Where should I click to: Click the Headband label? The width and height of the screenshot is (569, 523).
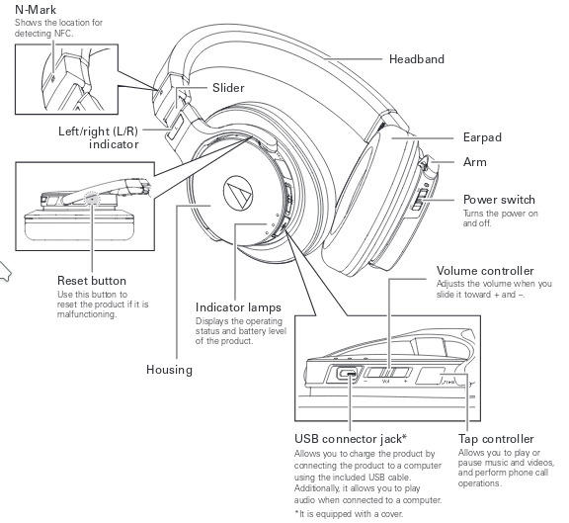[x=416, y=59]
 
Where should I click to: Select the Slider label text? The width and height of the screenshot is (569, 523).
[x=228, y=88]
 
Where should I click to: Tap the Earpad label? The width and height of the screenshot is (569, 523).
[x=482, y=137]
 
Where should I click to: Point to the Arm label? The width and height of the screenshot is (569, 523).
[x=474, y=162]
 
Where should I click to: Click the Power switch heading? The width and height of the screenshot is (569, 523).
[x=499, y=200]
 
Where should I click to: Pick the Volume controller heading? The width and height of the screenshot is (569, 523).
[x=485, y=271]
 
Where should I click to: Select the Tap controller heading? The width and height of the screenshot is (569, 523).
[x=496, y=439]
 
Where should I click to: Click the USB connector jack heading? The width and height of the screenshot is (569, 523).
[x=350, y=439]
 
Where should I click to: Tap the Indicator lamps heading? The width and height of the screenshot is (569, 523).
[x=238, y=307]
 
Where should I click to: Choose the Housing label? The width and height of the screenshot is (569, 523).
[x=169, y=370]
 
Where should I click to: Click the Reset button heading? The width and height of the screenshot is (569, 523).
[x=92, y=281]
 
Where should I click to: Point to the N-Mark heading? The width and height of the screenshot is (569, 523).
[x=36, y=10]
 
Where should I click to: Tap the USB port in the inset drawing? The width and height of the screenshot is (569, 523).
[x=348, y=373]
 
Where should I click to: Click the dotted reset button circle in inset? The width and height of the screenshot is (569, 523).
[x=92, y=199]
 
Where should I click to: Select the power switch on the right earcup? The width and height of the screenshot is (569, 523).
[x=418, y=200]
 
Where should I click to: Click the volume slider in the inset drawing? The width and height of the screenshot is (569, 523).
[x=388, y=373]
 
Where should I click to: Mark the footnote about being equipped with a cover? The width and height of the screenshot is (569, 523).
[x=349, y=514]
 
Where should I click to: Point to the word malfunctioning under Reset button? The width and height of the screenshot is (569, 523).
[x=87, y=314]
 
